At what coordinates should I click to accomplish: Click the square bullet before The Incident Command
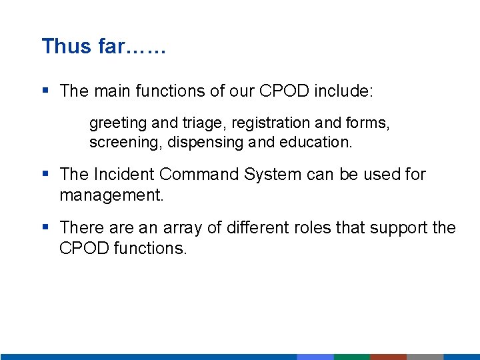45,174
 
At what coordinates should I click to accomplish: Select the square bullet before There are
45,227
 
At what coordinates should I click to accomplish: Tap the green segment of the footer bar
351,357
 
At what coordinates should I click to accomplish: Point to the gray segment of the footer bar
425,357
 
